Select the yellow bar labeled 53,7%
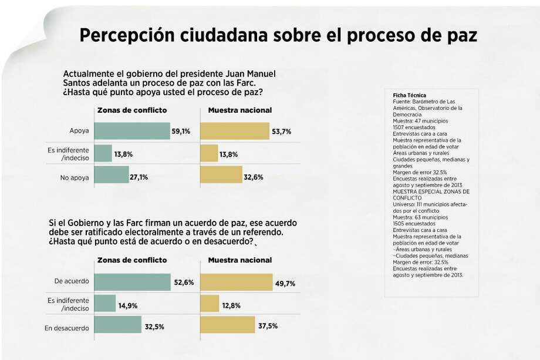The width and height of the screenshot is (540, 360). [x=235, y=131]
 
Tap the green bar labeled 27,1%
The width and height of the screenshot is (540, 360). [x=112, y=175]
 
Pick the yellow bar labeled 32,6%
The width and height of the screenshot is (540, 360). [x=221, y=175]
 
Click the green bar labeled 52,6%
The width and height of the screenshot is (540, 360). [x=132, y=282]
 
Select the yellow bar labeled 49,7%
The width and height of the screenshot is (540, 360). [x=237, y=282]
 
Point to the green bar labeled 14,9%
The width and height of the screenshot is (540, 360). [x=105, y=304]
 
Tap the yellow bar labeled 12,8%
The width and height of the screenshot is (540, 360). [x=210, y=304]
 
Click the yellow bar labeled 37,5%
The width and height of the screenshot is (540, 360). [x=228, y=325]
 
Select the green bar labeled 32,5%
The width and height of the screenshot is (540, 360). [x=118, y=325]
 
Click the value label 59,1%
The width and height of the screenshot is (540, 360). [x=181, y=132]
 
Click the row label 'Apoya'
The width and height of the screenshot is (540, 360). [x=79, y=132]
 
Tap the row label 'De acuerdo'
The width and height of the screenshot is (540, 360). [x=72, y=281]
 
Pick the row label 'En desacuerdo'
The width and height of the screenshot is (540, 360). [x=67, y=328]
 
